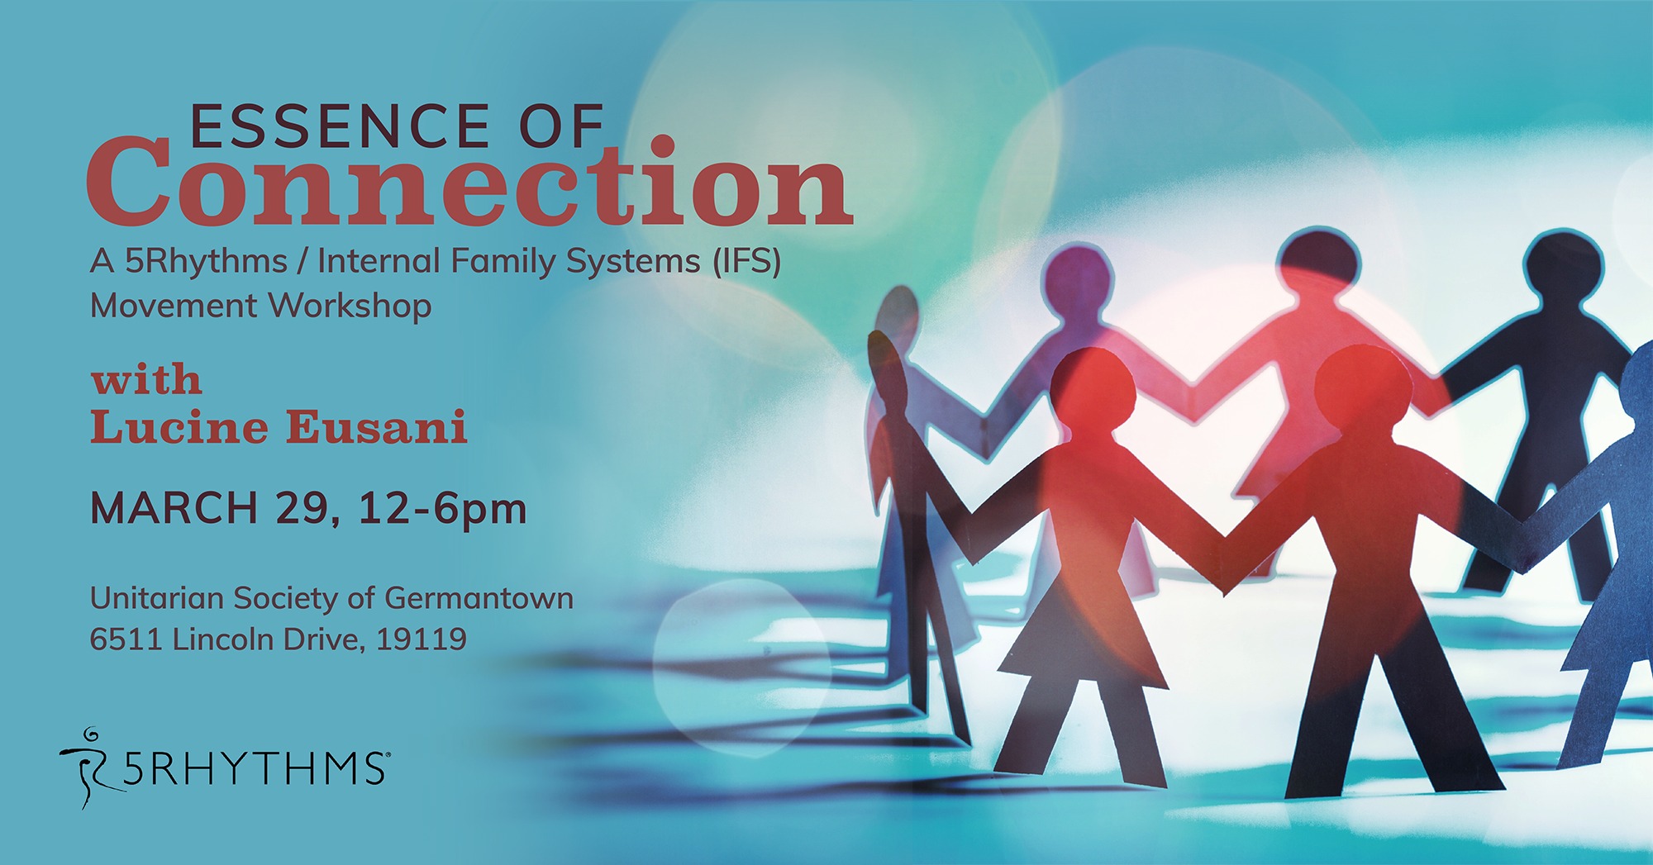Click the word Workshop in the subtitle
pos(350,306)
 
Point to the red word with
pos(146,380)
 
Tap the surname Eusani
pos(377,427)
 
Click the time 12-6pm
pos(443,509)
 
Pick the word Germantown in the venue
pos(479,597)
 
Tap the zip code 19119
pos(422,639)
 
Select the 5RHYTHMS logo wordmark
pos(255,768)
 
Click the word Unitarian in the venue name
pos(157,597)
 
